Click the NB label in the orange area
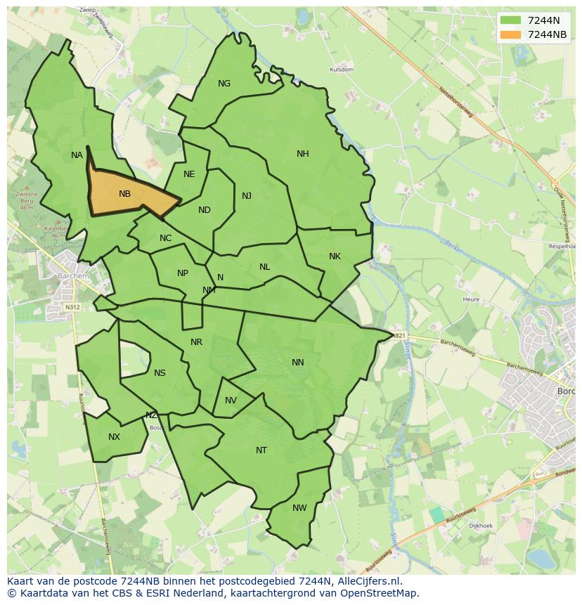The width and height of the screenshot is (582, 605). click(x=124, y=194)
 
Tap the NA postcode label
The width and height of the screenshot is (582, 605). click(x=77, y=155)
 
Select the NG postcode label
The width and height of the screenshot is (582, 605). click(x=224, y=84)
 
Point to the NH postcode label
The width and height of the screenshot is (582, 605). click(x=302, y=154)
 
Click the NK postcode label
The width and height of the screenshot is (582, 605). click(x=335, y=256)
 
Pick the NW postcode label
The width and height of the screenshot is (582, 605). click(x=299, y=508)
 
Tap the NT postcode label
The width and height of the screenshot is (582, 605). click(x=261, y=450)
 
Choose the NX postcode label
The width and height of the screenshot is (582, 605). click(x=114, y=437)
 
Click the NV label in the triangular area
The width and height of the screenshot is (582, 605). click(x=231, y=401)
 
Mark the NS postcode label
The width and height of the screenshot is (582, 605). click(x=160, y=373)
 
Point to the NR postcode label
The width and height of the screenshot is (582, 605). click(x=196, y=342)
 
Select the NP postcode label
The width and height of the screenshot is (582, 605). click(x=183, y=273)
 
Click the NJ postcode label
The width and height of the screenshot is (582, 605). click(x=247, y=196)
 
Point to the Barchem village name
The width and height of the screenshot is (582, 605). click(x=74, y=276)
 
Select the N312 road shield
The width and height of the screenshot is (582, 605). click(x=72, y=307)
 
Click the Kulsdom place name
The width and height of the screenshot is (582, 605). click(x=342, y=70)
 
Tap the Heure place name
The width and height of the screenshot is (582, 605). click(x=471, y=299)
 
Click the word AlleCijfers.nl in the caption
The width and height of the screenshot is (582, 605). click(x=368, y=582)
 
